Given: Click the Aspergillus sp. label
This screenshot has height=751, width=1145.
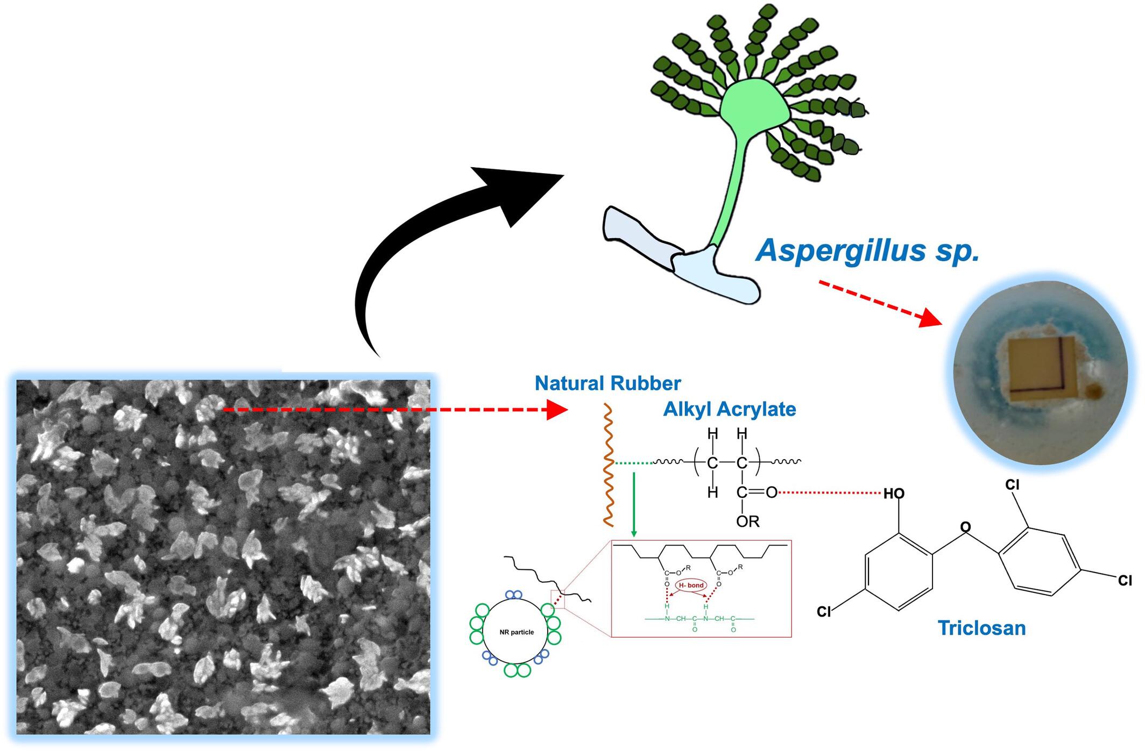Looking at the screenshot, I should [x=867, y=251].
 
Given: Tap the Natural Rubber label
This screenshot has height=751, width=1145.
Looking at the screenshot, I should [x=607, y=383].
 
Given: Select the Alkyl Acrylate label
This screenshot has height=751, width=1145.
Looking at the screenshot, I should [x=729, y=409].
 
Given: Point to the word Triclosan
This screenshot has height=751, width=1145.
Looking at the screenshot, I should [x=981, y=628].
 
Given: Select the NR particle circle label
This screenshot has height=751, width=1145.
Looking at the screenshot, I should [x=516, y=632].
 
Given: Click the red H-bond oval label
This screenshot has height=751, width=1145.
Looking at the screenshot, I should [x=691, y=585].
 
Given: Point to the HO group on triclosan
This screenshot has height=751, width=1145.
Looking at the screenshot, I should [x=894, y=493].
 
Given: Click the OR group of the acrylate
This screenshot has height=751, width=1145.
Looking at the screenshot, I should [x=747, y=521].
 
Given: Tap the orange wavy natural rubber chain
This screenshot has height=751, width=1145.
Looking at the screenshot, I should [x=608, y=465].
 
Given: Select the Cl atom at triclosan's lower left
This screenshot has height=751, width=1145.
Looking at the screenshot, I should [x=824, y=612].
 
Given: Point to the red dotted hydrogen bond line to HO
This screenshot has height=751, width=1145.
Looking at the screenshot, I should [x=829, y=492].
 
